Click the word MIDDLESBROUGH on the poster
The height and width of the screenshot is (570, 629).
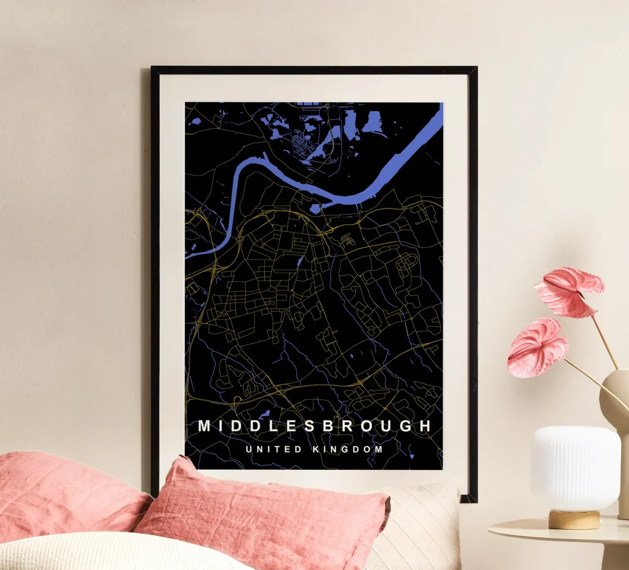(314, 426)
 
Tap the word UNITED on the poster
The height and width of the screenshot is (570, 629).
(273, 449)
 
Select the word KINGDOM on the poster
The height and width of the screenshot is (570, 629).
(347, 449)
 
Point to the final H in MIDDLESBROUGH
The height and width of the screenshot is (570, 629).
(425, 426)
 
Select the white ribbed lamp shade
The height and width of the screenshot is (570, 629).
(576, 467)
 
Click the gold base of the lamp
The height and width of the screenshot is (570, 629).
(574, 519)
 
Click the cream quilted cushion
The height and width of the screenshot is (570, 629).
(418, 526)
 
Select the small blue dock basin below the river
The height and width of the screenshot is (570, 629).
(314, 209)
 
